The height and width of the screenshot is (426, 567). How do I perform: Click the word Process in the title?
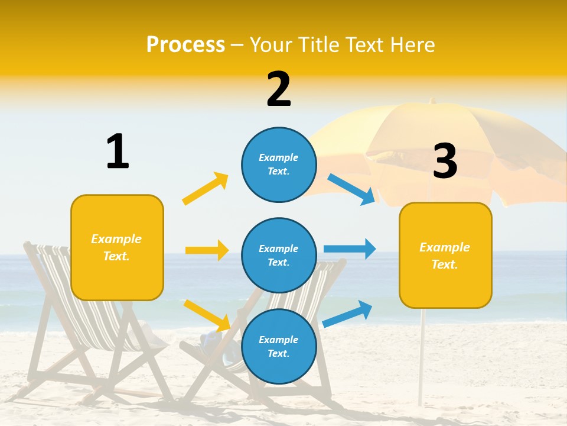pos(185,44)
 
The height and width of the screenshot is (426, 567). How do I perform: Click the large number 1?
pos(118,151)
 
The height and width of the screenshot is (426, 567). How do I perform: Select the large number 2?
pos(279,89)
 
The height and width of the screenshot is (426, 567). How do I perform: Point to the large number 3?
pos(445,161)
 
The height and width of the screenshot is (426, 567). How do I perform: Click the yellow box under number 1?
pos(117,247)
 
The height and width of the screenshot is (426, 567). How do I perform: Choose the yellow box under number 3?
pos(445,256)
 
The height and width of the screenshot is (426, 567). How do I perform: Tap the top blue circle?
pos(279,164)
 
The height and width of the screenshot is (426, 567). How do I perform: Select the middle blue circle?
pos(279,255)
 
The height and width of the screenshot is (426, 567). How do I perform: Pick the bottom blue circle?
pos(279,346)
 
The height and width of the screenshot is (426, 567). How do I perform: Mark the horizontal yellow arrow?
pos(207,250)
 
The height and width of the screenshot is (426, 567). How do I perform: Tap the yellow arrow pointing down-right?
pos(207,315)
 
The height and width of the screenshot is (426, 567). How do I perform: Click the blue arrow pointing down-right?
pos(351,189)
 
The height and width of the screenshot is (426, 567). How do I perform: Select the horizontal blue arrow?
pos(350,248)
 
